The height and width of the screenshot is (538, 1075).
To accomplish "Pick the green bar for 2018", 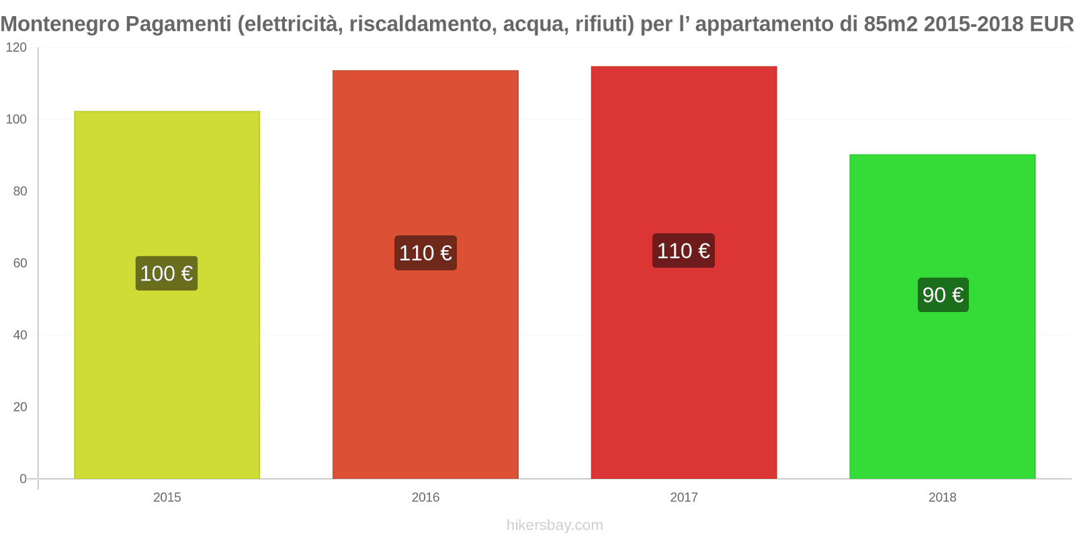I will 942,390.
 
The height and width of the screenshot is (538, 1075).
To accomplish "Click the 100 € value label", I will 167,274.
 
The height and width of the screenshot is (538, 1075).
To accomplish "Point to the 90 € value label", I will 943,295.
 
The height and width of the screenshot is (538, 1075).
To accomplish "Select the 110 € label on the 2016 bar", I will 425,253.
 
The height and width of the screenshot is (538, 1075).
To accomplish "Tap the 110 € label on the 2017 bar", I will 683,251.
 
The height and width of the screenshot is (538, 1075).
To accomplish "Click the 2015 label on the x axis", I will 167,498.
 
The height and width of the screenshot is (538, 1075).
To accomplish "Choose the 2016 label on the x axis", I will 425,498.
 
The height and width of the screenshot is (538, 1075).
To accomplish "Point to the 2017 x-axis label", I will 683,498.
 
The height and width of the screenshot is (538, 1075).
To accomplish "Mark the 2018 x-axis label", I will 942,498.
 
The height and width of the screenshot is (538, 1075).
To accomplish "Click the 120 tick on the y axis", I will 16,48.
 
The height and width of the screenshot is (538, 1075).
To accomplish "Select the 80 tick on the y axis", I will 19,192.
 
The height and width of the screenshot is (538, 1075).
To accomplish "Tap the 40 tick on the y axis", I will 19,336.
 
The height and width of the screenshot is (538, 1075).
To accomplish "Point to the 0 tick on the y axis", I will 23,479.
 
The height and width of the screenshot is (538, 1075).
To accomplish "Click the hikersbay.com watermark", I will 554,525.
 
